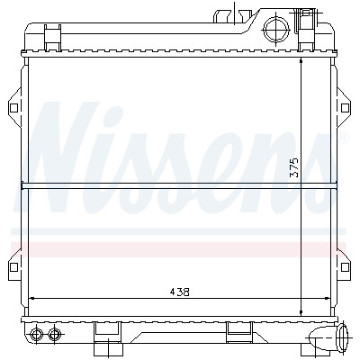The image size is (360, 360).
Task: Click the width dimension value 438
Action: tap(179, 292)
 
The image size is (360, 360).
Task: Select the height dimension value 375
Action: tap(295, 167)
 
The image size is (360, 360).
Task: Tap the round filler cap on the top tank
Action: tap(275, 30)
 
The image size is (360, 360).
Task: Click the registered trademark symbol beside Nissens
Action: tap(345, 138)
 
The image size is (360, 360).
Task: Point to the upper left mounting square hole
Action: tap(13, 108)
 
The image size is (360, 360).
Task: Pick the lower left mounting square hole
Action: tap(13, 267)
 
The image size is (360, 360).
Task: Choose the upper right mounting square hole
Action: tap(345, 108)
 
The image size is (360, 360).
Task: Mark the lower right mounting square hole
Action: tap(345, 267)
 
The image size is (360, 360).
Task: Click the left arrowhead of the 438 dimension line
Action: tap(31, 298)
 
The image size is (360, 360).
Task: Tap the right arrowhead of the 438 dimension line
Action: tap(327, 298)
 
